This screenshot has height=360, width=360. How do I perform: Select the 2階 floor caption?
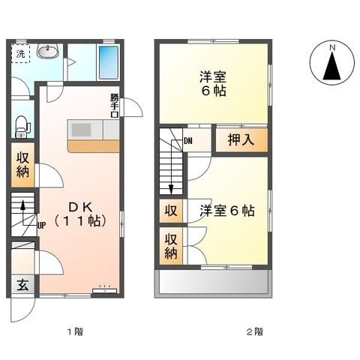click(254, 331)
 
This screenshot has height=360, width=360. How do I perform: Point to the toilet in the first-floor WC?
click(20, 124)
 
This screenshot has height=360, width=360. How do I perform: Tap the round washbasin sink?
click(47, 52)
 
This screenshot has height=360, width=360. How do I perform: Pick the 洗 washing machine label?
click(21, 53)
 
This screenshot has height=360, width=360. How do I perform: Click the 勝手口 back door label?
click(115, 103)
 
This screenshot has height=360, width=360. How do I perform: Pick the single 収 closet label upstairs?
click(171, 211)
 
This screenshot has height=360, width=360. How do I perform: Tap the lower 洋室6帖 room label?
click(227, 211)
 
